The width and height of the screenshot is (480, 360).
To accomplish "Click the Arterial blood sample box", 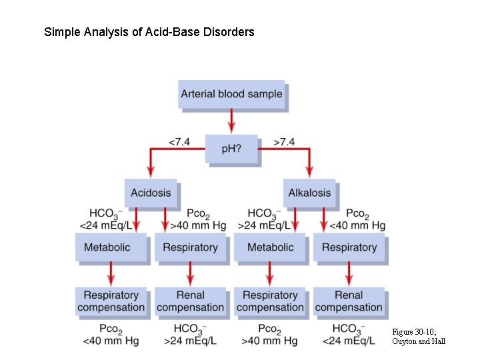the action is pyautogui.click(x=231, y=94).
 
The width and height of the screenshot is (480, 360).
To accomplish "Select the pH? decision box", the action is pyautogui.click(x=231, y=149).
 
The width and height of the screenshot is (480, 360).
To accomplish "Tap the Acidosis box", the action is pyautogui.click(x=151, y=193).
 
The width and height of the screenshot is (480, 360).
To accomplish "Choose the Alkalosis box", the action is pyautogui.click(x=309, y=193).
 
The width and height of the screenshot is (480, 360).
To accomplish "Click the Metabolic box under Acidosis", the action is pyautogui.click(x=107, y=247).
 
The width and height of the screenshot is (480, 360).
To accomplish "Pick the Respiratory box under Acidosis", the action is pyautogui.click(x=190, y=247).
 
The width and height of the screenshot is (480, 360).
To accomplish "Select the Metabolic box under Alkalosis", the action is pyautogui.click(x=270, y=247).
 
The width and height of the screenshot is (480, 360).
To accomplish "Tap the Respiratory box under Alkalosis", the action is pyautogui.click(x=349, y=247).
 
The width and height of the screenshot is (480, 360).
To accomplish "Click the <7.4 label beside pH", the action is pyautogui.click(x=179, y=142).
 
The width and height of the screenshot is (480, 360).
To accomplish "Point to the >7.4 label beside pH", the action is pyautogui.click(x=284, y=142).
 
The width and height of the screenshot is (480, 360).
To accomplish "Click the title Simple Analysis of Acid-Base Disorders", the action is pyautogui.click(x=149, y=32).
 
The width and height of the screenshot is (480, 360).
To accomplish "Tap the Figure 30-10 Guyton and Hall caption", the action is pyautogui.click(x=419, y=336).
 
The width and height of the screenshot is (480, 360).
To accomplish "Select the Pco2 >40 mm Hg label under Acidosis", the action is pyautogui.click(x=198, y=220).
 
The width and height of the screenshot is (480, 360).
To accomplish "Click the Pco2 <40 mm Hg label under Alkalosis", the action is pyautogui.click(x=357, y=220).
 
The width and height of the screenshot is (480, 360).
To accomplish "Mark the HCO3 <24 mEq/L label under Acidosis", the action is pyautogui.click(x=109, y=220).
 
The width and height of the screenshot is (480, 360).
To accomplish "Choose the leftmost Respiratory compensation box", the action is pyautogui.click(x=111, y=301).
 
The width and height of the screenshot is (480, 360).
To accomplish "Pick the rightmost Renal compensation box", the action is pyautogui.click(x=349, y=301).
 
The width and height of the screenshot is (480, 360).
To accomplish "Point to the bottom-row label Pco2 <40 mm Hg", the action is pyautogui.click(x=111, y=335).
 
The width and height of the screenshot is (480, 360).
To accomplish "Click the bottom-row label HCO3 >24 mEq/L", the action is pyautogui.click(x=190, y=335).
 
